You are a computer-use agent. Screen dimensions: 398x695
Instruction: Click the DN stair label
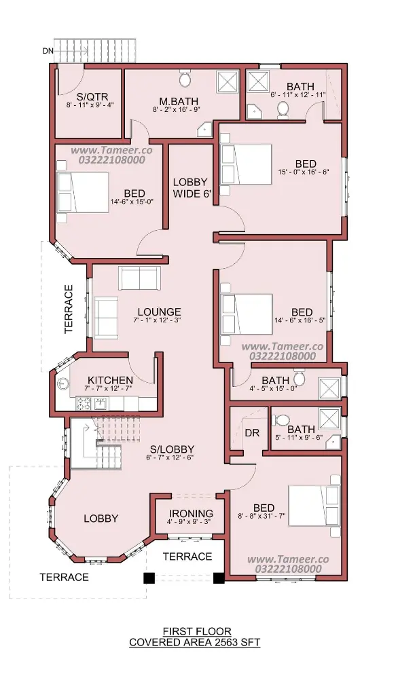[48, 51]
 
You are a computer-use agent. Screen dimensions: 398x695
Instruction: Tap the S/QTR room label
[92, 96]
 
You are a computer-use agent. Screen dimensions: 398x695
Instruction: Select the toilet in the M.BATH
[185, 79]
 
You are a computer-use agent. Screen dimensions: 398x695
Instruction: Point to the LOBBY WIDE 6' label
[190, 188]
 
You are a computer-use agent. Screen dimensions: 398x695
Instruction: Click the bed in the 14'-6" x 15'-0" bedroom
[83, 192]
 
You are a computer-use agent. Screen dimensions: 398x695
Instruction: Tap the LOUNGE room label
[159, 312]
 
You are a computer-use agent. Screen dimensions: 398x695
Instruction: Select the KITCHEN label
[110, 380]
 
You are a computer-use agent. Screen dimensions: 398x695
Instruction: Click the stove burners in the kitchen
[84, 404]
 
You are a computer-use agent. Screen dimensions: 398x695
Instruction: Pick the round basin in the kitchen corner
[64, 383]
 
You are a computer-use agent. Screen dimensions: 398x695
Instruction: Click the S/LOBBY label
[172, 449]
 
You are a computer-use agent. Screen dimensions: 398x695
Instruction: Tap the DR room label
[252, 433]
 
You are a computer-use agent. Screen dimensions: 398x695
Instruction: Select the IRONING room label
[191, 514]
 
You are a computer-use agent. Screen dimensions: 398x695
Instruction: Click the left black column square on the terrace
[149, 578]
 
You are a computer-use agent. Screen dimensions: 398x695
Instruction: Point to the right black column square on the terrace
[218, 578]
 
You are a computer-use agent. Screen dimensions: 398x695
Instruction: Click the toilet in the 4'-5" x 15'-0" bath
[299, 377]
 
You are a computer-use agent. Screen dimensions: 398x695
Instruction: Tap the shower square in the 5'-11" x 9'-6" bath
[329, 419]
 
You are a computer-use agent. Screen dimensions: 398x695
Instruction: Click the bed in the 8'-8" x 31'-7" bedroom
[314, 506]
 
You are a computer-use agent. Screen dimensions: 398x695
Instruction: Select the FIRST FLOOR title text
[196, 631]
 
